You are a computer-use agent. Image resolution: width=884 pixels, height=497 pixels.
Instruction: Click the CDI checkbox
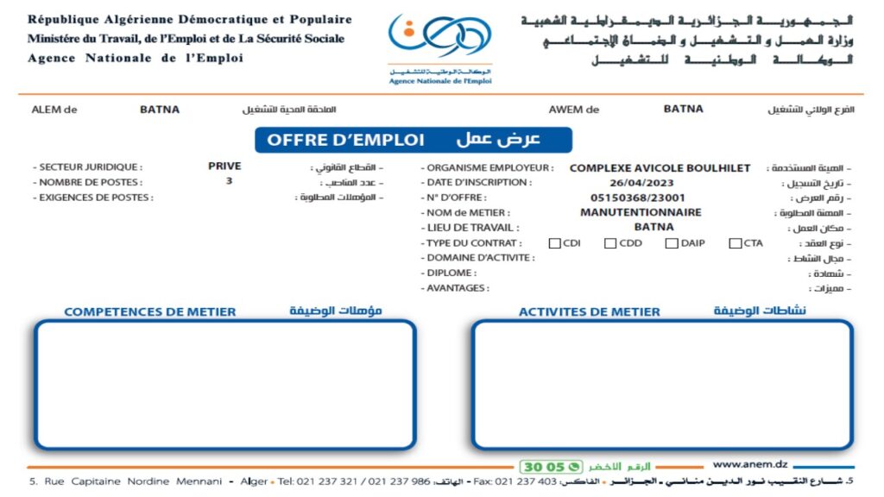(x=555, y=243)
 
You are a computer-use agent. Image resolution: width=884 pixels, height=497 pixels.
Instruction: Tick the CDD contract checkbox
(x=610, y=243)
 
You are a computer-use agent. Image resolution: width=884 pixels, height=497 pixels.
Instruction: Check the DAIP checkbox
(x=672, y=243)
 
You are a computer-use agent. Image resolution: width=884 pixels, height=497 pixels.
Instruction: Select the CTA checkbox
(x=735, y=243)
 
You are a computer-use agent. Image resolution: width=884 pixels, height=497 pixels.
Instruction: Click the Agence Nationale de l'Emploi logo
(x=439, y=47)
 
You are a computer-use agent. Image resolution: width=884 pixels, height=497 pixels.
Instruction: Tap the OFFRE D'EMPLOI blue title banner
(x=413, y=140)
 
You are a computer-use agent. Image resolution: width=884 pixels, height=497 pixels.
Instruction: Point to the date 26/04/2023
(x=641, y=183)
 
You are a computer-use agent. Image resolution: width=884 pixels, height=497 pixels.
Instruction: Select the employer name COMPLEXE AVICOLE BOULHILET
(x=660, y=168)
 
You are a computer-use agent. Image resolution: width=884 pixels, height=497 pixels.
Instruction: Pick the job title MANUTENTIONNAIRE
(x=641, y=212)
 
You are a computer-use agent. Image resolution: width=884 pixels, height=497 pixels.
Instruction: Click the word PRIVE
(x=224, y=167)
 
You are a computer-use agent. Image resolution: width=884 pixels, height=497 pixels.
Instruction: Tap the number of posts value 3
(x=229, y=182)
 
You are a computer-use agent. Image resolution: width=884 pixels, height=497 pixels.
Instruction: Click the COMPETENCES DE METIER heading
(x=150, y=311)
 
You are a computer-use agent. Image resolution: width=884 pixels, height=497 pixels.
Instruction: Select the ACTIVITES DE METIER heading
(x=589, y=311)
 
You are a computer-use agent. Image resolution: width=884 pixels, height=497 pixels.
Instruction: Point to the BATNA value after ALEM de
(x=160, y=110)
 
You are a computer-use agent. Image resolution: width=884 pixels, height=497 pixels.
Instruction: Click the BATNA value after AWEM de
(x=683, y=109)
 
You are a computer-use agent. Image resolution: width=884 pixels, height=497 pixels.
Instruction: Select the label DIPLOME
(x=450, y=273)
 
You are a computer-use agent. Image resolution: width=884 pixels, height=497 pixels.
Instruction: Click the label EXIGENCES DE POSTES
(x=95, y=198)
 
